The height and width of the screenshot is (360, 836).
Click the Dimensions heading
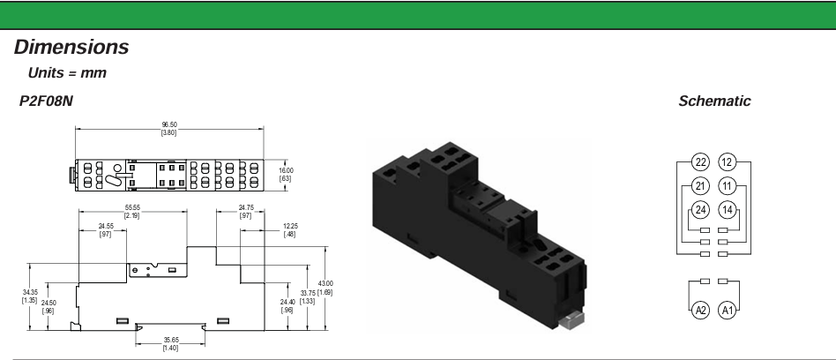pos(71,47)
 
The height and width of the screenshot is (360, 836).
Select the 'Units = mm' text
pos(67,73)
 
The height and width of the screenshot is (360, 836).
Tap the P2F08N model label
pos(46,101)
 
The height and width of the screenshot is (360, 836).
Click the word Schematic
pos(714,101)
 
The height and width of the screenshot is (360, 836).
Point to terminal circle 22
pos(700,161)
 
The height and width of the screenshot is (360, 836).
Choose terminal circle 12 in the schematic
pos(728,161)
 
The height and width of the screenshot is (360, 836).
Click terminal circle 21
pos(700,186)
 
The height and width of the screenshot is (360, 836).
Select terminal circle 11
pos(728,186)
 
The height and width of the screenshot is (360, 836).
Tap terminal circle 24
pos(700,210)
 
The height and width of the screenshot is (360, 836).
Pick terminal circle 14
pos(728,210)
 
